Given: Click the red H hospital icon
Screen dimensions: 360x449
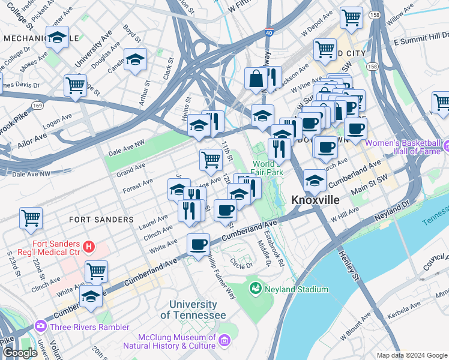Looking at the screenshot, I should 89,245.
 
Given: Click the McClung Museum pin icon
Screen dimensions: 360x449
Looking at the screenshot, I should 224,341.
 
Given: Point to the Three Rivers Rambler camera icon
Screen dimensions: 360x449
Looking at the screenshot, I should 41,326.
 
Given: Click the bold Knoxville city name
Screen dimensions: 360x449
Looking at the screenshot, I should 316,200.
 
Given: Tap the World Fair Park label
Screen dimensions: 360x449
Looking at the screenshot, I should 268,168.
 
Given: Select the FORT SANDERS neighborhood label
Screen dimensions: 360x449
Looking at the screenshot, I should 101,220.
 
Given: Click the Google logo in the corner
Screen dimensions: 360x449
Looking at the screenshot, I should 20,353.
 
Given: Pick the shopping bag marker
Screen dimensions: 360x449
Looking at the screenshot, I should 256,79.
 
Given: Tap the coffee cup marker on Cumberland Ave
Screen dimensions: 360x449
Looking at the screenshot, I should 198,244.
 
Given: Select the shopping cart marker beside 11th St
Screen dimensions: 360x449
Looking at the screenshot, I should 211,160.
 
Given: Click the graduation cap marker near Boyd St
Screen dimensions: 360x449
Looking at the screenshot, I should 136,60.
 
